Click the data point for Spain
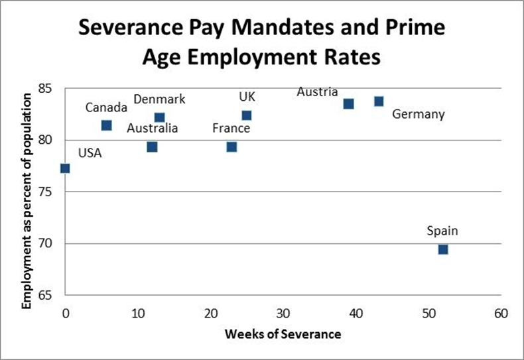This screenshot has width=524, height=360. pyautogui.click(x=443, y=249)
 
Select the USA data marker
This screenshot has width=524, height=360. pyautogui.click(x=65, y=168)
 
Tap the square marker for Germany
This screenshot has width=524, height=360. pyautogui.click(x=379, y=101)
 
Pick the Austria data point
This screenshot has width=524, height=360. pyautogui.click(x=349, y=103)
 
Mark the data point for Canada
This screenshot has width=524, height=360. pyautogui.click(x=107, y=125)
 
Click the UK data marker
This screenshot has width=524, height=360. pyautogui.click(x=247, y=115)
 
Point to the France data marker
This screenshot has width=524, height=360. pyautogui.click(x=231, y=147)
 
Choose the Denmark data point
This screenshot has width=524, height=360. pyautogui.click(x=159, y=118)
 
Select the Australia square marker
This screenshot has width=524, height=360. pyautogui.click(x=152, y=147)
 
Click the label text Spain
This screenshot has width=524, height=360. pyautogui.click(x=442, y=231)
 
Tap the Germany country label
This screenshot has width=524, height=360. pyautogui.click(x=418, y=115)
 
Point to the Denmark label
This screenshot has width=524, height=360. pyautogui.click(x=159, y=100)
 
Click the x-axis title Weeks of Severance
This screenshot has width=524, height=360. pyautogui.click(x=283, y=333)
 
